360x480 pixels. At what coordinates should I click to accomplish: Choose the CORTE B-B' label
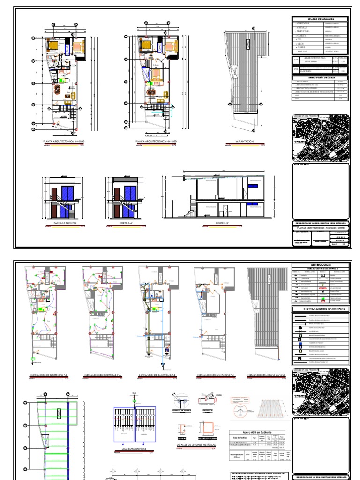(222, 223)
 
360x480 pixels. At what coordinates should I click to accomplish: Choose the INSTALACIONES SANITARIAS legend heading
(321, 309)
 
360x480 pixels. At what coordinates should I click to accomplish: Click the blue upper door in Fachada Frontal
(68, 194)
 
